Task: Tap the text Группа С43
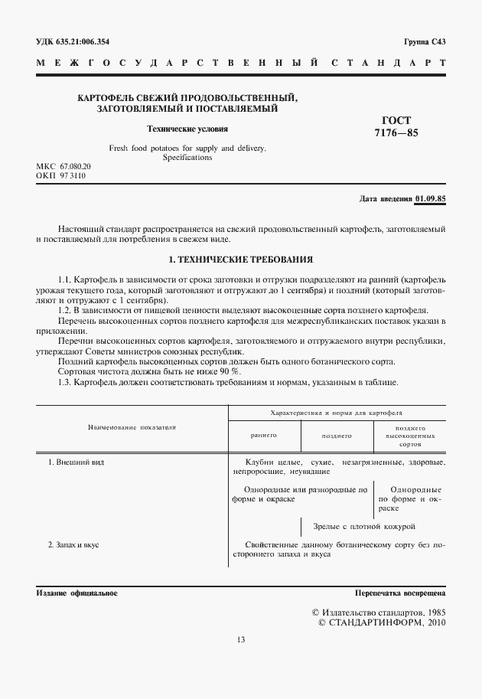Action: pyautogui.click(x=424, y=42)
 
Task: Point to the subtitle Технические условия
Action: pyautogui.click(x=187, y=129)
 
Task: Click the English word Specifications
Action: pyautogui.click(x=187, y=157)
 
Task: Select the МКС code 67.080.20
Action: pyautogui.click(x=75, y=166)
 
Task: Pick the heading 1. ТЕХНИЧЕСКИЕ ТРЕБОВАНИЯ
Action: pyautogui.click(x=241, y=260)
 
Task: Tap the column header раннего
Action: pyautogui.click(x=263, y=435)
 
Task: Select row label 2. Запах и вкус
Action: pyautogui.click(x=73, y=544)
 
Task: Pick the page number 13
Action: pyautogui.click(x=241, y=639)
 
